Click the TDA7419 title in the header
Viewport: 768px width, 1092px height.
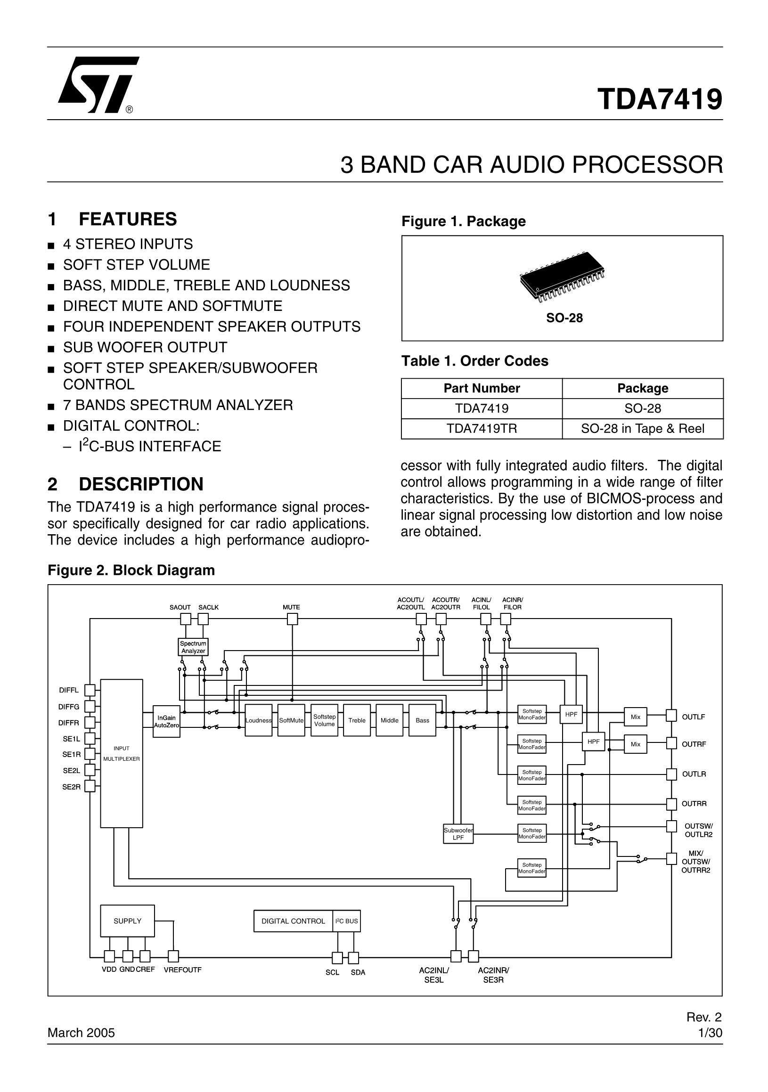point(660,99)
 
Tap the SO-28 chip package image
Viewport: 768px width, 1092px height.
point(562,282)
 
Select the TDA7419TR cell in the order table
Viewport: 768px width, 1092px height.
point(481,429)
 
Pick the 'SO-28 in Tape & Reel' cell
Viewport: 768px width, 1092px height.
point(642,429)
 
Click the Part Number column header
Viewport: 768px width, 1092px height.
point(481,388)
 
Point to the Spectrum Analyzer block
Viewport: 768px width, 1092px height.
point(193,647)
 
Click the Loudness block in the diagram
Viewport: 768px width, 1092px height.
point(258,720)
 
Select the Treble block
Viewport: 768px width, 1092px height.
point(357,720)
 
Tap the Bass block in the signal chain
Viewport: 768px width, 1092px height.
point(422,720)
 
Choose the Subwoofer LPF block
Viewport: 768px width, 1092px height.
point(458,834)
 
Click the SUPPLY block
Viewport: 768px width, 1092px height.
point(127,921)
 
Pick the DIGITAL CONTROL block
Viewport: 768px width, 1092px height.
point(294,921)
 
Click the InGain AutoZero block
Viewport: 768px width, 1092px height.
point(166,722)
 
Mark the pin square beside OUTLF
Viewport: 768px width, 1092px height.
point(671,715)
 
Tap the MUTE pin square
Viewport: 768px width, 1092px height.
point(293,619)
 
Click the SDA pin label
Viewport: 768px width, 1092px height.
point(358,973)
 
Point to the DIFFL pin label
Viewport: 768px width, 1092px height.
point(69,690)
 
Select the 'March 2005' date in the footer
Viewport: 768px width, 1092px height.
point(82,1033)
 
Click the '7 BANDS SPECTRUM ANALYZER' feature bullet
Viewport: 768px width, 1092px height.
point(178,405)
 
